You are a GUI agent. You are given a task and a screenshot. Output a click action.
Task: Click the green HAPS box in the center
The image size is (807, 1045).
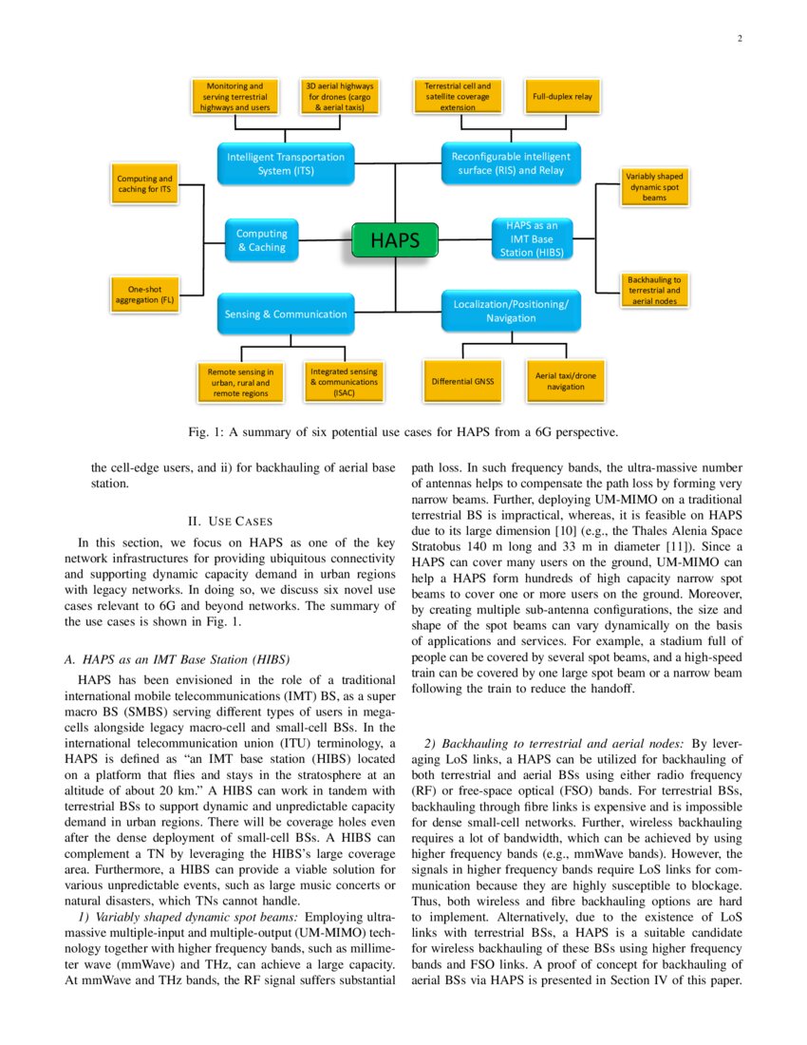tap(395, 240)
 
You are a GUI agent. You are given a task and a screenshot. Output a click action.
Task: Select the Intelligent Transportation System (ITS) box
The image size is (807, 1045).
tap(286, 163)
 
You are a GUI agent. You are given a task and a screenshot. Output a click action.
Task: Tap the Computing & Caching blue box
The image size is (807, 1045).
tap(261, 240)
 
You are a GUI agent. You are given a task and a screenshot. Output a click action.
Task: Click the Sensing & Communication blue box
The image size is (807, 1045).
tap(286, 313)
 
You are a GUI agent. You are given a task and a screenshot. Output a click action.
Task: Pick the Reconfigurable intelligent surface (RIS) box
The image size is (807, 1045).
tap(511, 163)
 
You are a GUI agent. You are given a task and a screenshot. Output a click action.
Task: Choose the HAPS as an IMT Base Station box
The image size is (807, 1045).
tap(532, 239)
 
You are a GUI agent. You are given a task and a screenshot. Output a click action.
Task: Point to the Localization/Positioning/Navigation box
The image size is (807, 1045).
tap(511, 311)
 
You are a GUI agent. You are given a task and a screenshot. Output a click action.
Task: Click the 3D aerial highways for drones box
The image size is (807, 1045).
tap(339, 97)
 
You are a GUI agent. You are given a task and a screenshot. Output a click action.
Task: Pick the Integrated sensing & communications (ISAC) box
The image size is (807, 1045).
tap(344, 381)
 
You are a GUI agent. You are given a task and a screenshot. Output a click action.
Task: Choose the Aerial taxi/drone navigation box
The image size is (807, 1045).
tap(566, 381)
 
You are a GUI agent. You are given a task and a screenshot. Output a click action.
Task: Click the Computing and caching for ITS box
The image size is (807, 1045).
tap(144, 184)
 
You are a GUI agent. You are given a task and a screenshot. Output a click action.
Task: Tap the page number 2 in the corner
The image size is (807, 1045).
tap(739, 39)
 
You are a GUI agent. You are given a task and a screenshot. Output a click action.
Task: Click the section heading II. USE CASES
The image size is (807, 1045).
tap(231, 522)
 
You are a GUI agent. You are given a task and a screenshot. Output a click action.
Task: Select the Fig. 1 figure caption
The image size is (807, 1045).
tap(403, 432)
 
